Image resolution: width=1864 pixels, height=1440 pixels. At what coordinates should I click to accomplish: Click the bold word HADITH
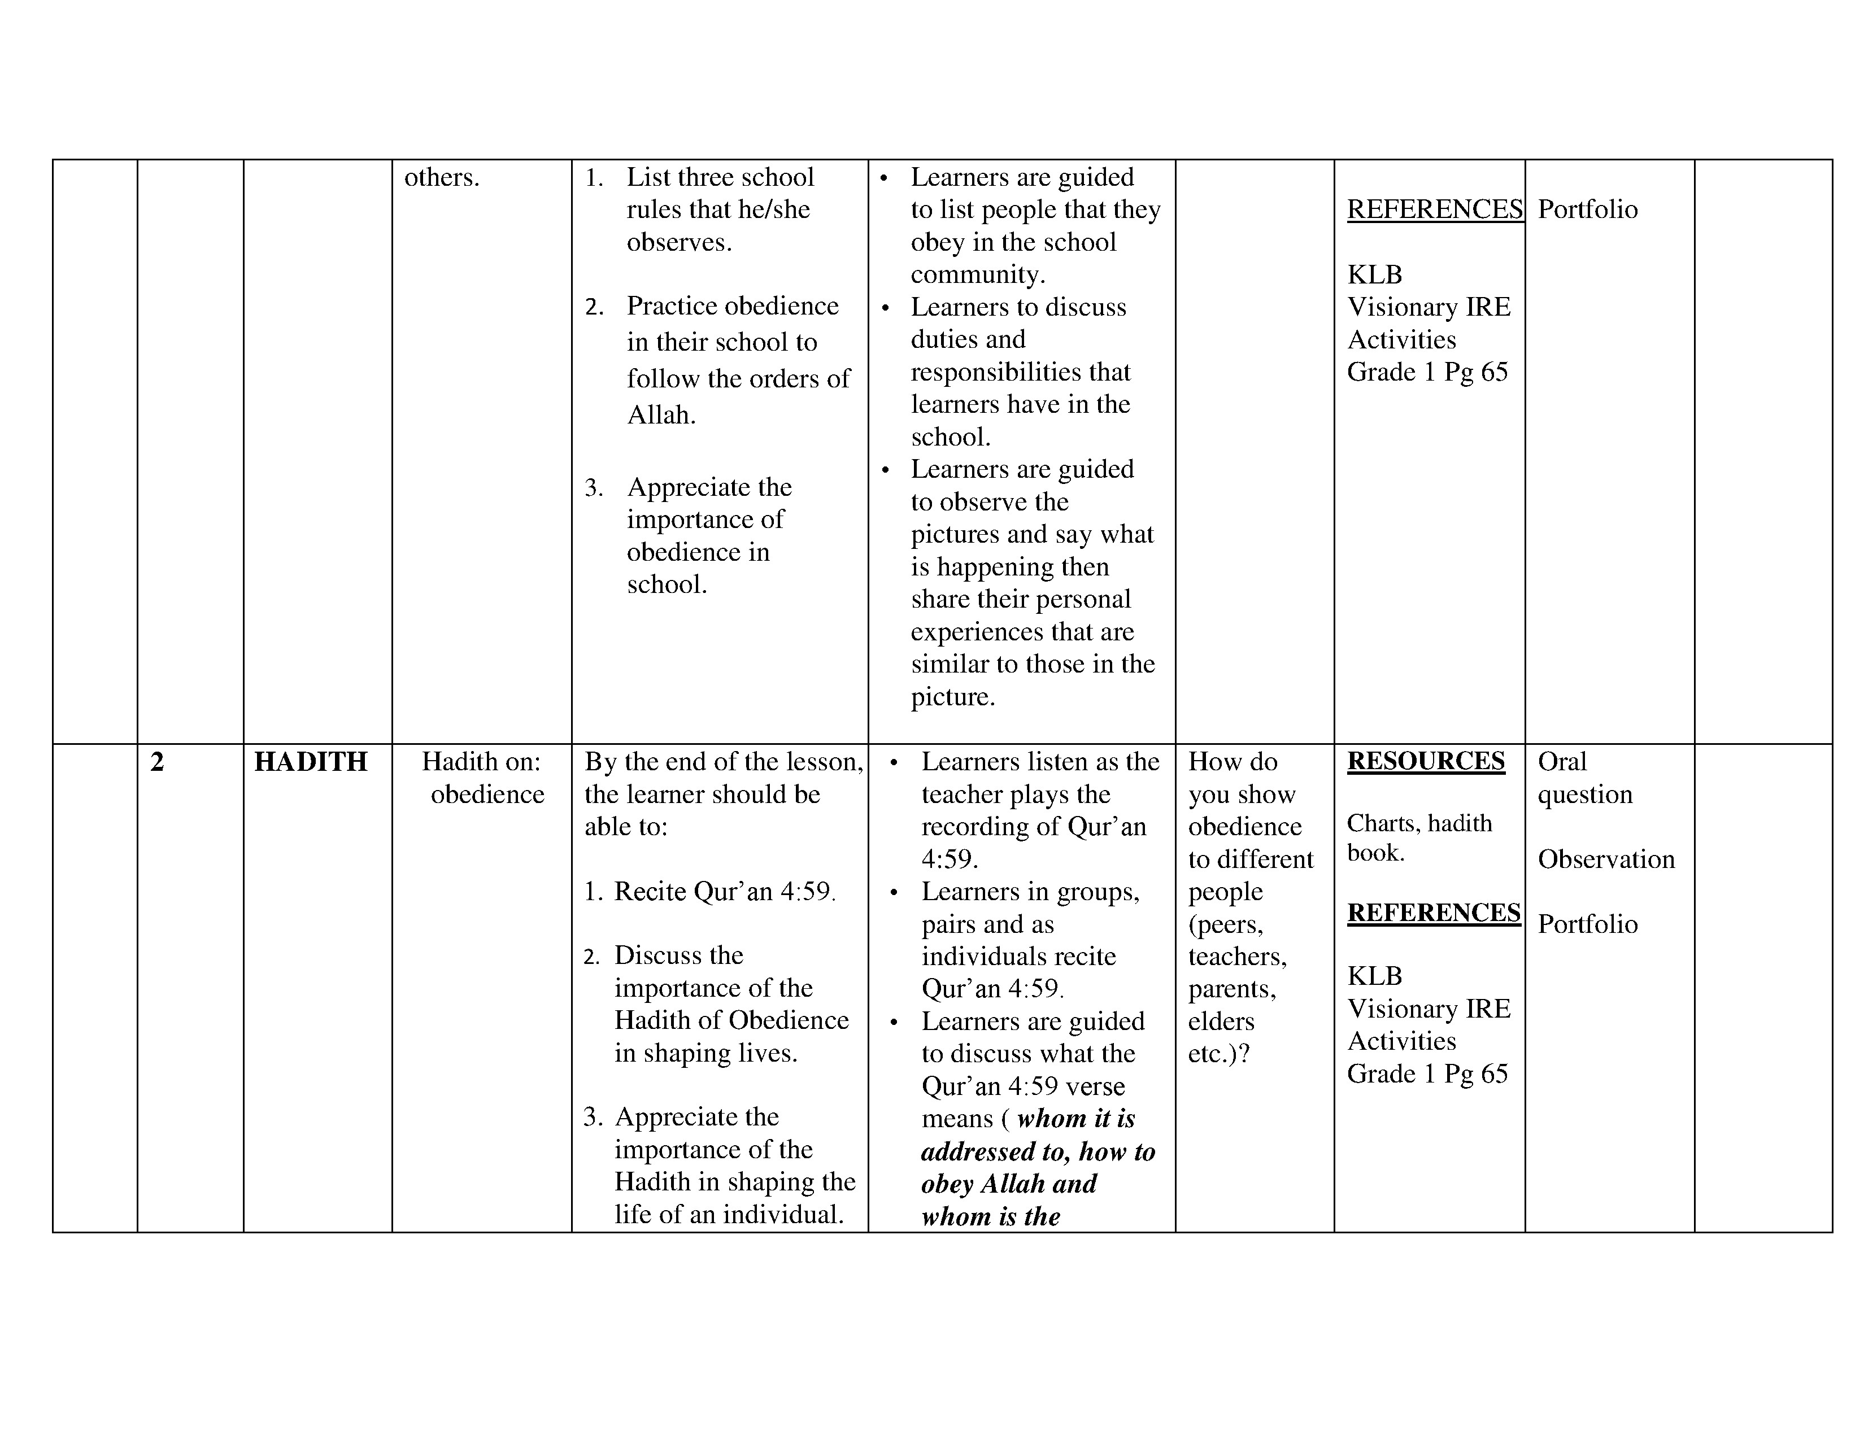311,762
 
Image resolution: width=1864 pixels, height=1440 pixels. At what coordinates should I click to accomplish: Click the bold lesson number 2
157,762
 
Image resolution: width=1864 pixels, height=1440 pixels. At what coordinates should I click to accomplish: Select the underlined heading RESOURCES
1425,761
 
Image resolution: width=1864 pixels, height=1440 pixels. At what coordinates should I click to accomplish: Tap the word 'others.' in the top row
441,177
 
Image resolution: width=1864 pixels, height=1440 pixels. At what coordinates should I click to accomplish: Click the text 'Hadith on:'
481,761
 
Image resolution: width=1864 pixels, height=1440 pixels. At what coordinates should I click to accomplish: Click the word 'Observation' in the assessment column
1605,859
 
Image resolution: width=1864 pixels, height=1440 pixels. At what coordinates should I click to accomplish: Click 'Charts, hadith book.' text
1418,837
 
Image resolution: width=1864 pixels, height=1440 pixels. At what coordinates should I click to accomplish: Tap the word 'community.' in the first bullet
977,274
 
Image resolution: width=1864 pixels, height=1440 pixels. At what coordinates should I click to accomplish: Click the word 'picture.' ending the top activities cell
952,697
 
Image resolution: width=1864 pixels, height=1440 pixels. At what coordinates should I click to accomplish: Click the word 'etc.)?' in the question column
1218,1054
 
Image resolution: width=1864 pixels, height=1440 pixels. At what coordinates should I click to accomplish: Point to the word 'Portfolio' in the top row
1587,210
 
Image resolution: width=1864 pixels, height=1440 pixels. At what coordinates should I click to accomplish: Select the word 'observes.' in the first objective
678,242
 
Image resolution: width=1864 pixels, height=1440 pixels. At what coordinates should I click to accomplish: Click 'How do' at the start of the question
1232,762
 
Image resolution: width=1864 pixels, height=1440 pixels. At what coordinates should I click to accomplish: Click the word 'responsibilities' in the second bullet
1020,372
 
